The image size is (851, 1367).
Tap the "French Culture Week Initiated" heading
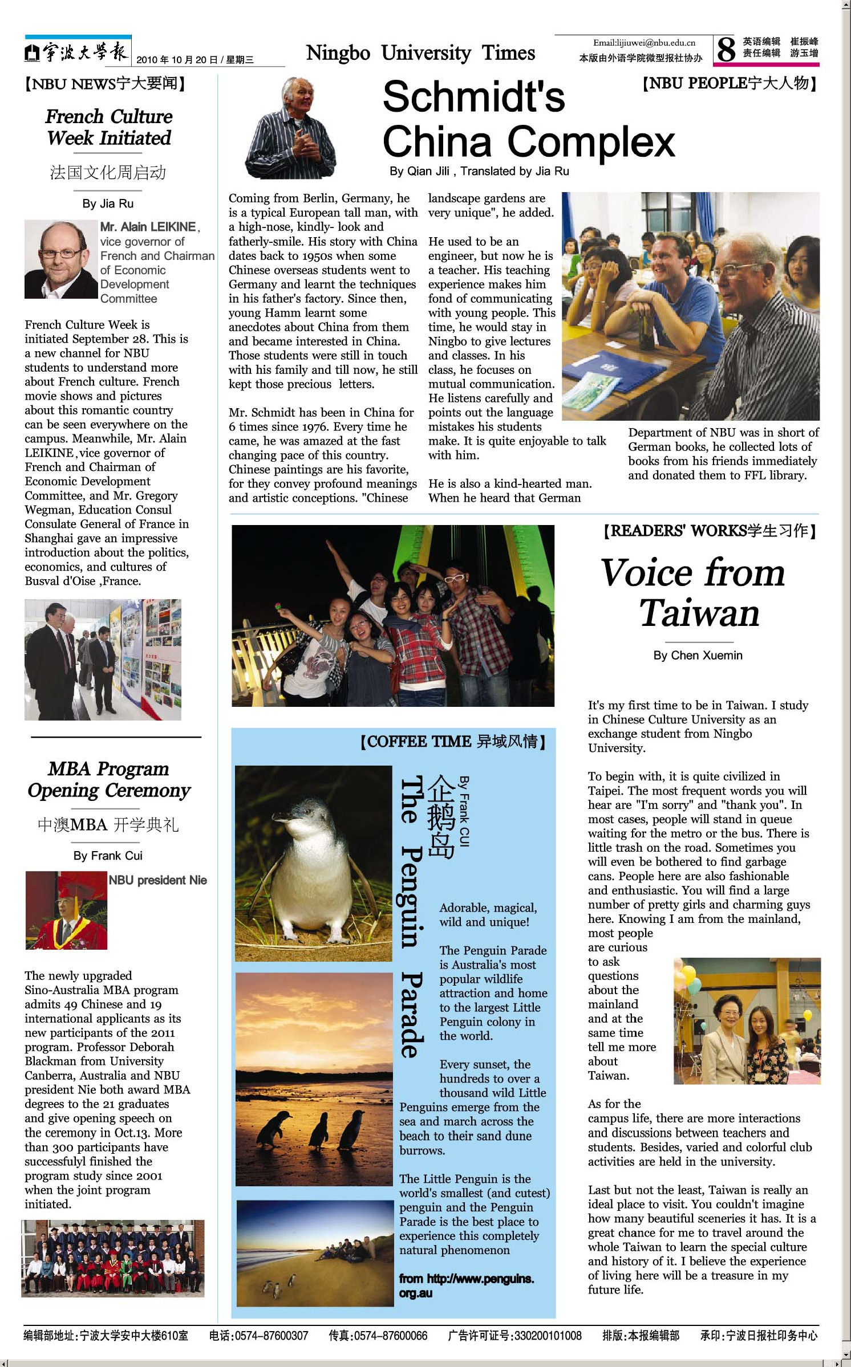click(109, 127)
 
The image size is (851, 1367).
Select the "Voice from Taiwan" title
click(694, 592)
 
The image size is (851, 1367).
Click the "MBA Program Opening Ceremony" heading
click(109, 779)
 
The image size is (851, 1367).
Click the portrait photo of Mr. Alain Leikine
click(61, 259)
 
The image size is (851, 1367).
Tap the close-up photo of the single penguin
click(314, 863)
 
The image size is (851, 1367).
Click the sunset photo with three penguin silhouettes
click(314, 1079)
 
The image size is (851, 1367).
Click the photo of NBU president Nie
click(66, 910)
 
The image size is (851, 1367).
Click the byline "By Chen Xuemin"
click(698, 656)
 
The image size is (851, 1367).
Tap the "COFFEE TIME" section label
click(453, 742)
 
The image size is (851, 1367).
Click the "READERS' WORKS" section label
click(710, 531)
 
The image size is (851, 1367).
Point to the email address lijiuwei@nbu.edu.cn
click(644, 43)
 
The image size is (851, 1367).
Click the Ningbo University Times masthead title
click(420, 53)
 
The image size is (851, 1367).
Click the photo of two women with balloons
click(747, 1021)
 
